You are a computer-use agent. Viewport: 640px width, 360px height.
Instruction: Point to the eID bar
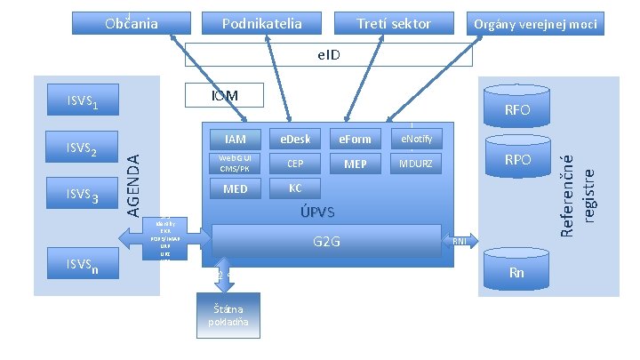pos(329,55)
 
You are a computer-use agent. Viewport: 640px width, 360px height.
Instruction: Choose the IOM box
pos(211,94)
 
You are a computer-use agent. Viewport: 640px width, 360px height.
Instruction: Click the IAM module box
pos(236,139)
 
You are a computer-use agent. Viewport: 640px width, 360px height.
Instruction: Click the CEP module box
pos(294,164)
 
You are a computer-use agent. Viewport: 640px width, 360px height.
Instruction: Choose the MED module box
pos(236,188)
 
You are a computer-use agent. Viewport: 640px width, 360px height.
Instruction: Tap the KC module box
pos(294,188)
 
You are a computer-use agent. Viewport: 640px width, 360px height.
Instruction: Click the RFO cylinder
pos(517,110)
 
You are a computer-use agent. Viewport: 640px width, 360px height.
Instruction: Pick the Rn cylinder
pos(516,271)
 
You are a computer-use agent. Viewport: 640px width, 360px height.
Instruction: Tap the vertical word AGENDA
pos(131,183)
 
